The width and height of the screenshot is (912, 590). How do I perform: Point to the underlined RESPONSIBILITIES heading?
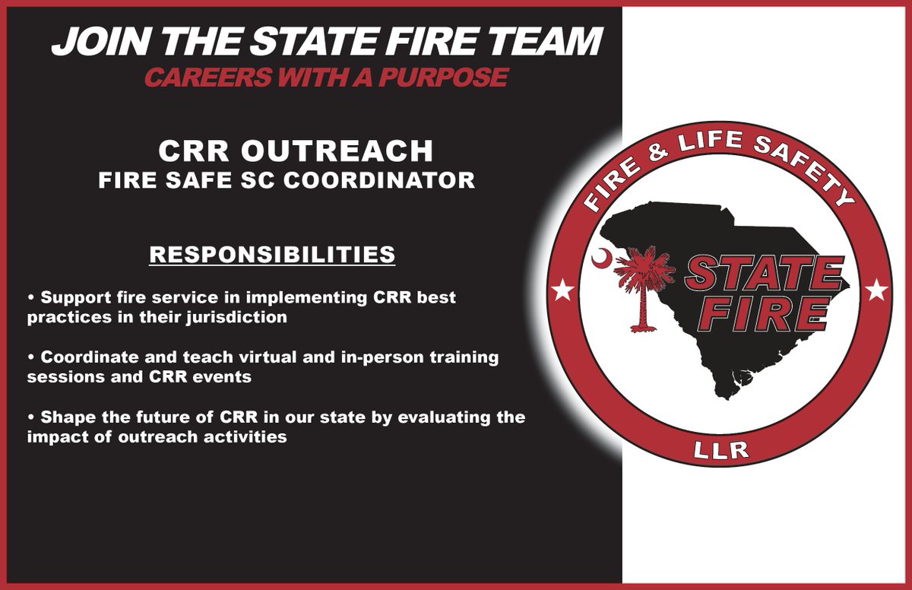tap(272, 254)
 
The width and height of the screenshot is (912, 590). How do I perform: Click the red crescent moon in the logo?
tap(600, 259)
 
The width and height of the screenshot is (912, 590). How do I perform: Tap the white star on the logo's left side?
tap(563, 289)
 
